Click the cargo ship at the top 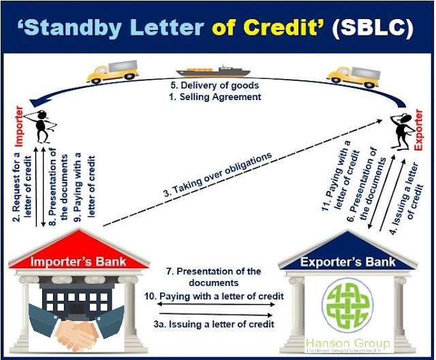click(213, 70)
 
